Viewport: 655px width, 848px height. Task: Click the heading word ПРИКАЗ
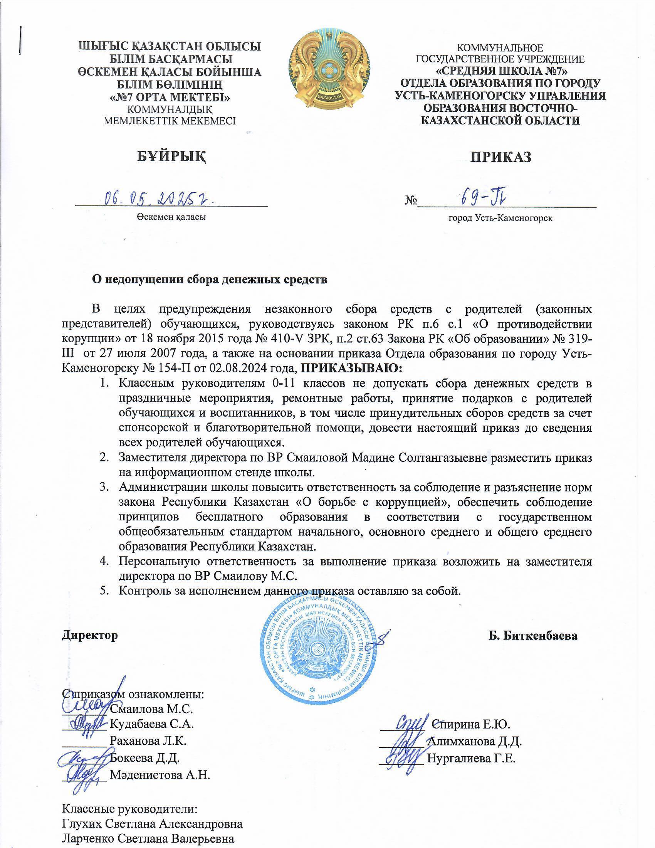tap(500, 157)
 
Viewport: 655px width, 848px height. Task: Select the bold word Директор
tap(90, 636)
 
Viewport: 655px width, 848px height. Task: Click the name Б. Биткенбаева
tap(533, 636)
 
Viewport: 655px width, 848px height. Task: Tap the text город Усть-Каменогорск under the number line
tap(500, 218)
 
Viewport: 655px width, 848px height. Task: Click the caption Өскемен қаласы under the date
tap(171, 217)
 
